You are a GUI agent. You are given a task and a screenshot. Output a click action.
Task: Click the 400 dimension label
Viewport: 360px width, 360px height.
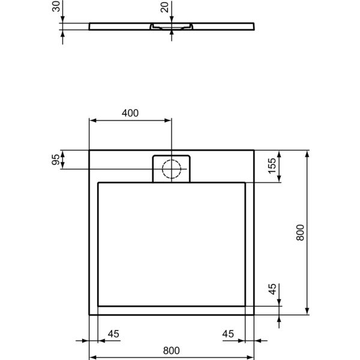point(130,113)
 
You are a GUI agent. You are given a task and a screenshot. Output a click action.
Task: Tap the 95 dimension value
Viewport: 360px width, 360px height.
point(56,160)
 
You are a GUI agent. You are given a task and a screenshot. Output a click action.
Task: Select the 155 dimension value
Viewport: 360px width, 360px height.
point(272,166)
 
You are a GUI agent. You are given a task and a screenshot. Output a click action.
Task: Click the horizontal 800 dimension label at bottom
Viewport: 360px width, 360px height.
point(172,350)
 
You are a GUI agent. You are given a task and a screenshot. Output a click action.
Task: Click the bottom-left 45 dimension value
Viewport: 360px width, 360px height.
point(113,334)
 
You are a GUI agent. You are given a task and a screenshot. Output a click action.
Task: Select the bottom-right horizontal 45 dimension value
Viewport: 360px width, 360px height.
point(228,334)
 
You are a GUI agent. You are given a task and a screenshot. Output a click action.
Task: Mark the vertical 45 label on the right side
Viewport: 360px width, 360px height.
point(272,290)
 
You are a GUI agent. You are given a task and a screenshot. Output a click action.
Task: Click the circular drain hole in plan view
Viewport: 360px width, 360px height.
point(172,170)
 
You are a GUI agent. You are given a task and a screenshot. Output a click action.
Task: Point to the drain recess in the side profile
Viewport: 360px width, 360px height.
point(172,28)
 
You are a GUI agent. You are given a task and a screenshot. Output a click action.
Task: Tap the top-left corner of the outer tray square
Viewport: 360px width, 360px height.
point(89,151)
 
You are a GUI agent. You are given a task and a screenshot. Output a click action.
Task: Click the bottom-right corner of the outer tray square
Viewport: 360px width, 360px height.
point(254,314)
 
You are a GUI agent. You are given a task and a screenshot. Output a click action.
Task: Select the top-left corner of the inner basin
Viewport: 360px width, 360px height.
point(98,182)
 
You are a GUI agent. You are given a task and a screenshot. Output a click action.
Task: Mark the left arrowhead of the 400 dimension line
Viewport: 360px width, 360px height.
point(92,121)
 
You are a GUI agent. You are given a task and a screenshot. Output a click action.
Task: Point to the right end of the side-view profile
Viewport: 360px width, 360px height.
point(254,26)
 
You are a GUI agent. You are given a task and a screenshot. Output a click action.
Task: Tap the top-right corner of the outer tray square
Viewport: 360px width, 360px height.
point(254,151)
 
